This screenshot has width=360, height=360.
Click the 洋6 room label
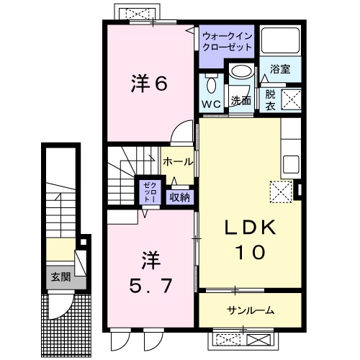[149, 84]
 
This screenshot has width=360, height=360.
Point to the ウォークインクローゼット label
[227, 40]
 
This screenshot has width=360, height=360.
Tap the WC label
[211, 104]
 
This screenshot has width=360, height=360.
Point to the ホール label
[176, 161]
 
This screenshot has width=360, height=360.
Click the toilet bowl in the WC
[210, 85]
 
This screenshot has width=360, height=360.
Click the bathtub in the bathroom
[279, 42]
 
